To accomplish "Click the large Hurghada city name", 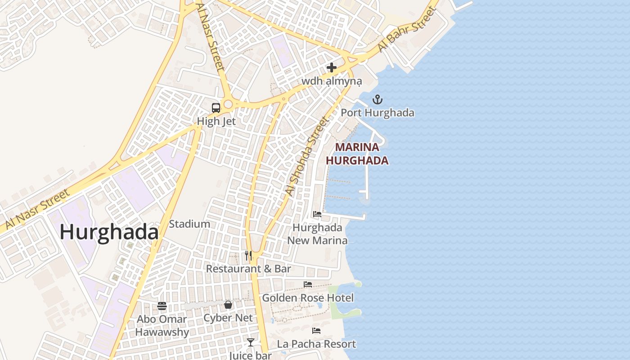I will click(x=109, y=233).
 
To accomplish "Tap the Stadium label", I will click(x=189, y=224).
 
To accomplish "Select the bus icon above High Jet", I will click(x=216, y=108).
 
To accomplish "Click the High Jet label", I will click(x=216, y=121).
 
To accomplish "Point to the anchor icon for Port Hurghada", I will click(x=378, y=99).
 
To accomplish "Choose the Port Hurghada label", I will click(x=377, y=112).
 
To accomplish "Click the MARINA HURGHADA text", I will click(x=357, y=154).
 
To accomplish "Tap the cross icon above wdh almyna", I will click(x=332, y=68).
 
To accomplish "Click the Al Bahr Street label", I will click(x=407, y=30).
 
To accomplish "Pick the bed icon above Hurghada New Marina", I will click(x=317, y=214).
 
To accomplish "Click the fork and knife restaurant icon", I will click(x=248, y=256).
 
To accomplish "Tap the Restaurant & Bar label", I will click(x=248, y=269).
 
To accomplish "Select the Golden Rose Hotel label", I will click(x=308, y=298).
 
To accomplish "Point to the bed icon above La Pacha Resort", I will click(x=316, y=331).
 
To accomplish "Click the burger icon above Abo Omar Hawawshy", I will click(x=162, y=306).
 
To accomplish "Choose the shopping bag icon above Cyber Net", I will click(x=228, y=305).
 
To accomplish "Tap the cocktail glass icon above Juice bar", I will click(x=251, y=342).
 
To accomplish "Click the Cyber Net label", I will click(x=228, y=318).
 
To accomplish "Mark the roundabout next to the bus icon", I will click(x=228, y=104).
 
